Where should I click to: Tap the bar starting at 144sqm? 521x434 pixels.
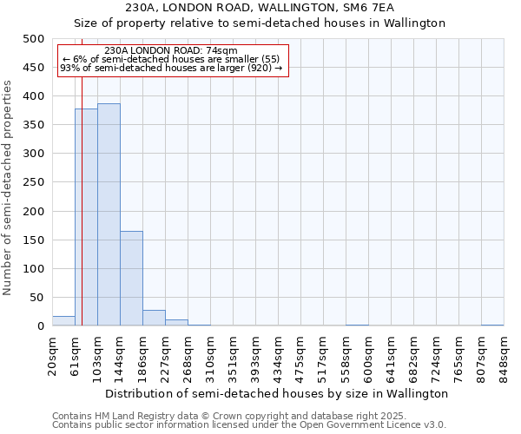(x=131, y=279)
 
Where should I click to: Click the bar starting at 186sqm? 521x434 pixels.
(x=154, y=319)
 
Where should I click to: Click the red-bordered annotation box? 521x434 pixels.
(x=171, y=60)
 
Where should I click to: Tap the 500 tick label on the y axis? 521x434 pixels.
(x=34, y=39)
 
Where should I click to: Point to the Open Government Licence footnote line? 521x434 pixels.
(x=249, y=425)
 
